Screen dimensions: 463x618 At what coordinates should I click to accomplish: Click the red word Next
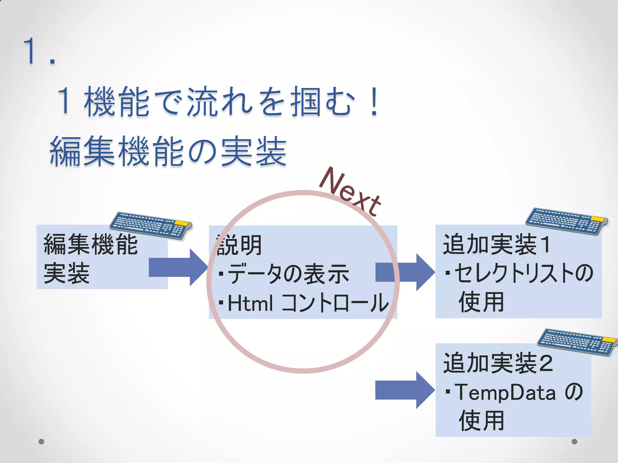click(x=350, y=192)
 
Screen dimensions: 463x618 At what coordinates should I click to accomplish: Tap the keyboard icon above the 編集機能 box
click(x=151, y=225)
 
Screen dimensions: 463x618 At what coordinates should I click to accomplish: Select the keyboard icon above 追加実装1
click(x=567, y=221)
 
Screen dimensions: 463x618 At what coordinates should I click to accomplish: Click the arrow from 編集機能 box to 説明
click(x=178, y=267)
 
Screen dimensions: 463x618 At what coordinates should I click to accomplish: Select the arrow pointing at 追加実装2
click(x=404, y=390)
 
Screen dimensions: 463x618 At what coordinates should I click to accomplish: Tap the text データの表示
click(x=288, y=274)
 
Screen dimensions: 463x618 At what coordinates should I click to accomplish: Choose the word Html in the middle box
click(x=250, y=303)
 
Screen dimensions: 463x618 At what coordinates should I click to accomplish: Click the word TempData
click(x=505, y=392)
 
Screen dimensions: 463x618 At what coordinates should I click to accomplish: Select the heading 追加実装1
click(x=496, y=244)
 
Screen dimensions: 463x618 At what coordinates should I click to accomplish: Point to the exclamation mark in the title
click(x=374, y=101)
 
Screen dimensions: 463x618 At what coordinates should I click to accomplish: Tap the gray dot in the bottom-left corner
click(x=41, y=442)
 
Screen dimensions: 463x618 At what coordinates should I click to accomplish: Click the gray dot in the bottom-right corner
click(x=575, y=442)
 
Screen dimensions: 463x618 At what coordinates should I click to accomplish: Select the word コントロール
click(x=335, y=303)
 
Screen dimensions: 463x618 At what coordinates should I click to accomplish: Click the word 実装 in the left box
click(x=67, y=273)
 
